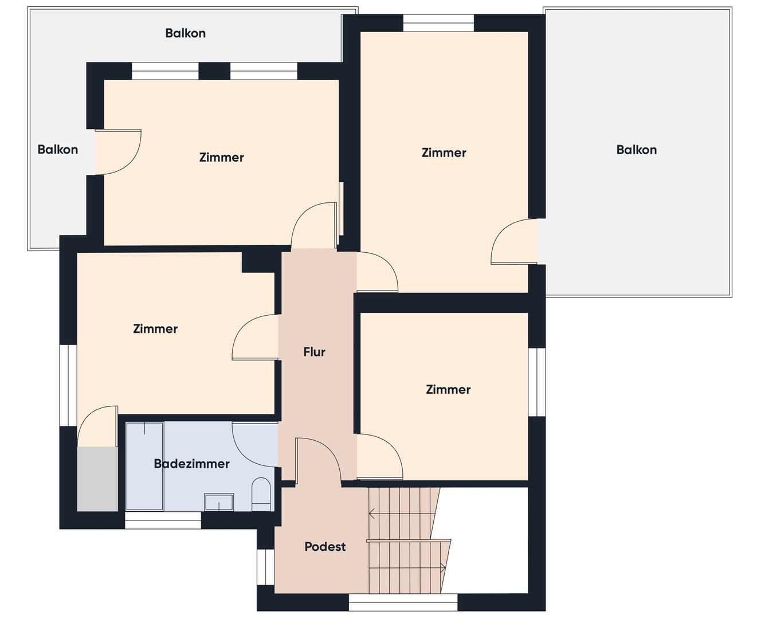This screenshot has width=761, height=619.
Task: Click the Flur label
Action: click(x=314, y=352)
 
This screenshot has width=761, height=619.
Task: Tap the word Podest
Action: click(x=325, y=546)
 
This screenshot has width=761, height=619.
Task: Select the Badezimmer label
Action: click(x=191, y=464)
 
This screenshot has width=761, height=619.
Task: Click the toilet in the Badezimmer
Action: click(x=261, y=494)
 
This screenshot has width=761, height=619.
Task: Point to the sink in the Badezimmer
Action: click(x=219, y=502)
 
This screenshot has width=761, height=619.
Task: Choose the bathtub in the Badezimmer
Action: click(x=145, y=467)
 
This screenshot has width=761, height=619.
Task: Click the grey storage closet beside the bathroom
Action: click(x=97, y=479)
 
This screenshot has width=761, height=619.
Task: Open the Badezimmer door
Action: click(x=254, y=444)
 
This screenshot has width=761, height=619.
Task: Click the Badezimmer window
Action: click(x=163, y=520)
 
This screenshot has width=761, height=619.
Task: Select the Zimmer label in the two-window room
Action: click(x=222, y=157)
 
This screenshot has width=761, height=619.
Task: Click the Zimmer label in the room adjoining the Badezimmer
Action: click(x=155, y=329)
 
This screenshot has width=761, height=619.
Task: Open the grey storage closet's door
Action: click(x=97, y=426)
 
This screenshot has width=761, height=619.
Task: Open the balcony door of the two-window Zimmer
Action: click(x=118, y=152)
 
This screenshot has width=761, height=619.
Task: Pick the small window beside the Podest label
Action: click(x=265, y=567)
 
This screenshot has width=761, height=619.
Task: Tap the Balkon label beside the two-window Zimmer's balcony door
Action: click(x=57, y=150)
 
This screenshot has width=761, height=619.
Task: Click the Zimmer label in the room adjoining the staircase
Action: click(x=448, y=390)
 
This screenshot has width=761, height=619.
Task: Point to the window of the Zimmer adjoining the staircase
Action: click(x=537, y=382)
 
